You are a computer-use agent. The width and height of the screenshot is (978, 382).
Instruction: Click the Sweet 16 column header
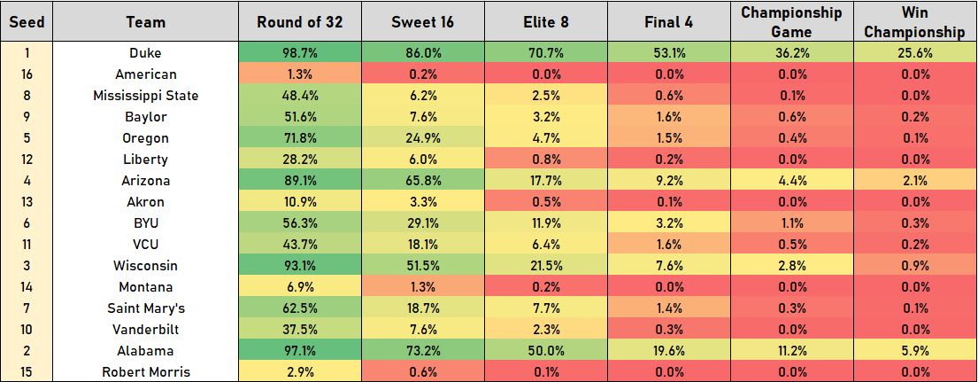[423, 22]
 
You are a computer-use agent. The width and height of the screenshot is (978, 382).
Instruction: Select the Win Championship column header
[914, 22]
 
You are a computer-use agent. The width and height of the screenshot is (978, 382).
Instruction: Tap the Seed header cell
[27, 22]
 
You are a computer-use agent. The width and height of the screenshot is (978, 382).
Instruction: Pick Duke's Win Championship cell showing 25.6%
[914, 53]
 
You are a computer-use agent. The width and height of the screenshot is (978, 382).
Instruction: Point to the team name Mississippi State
[146, 96]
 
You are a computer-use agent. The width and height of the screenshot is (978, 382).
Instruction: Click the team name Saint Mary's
[146, 308]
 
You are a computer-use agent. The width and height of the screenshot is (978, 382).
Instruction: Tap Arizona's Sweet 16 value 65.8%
[423, 181]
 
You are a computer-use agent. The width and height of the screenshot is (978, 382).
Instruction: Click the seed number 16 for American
[27, 74]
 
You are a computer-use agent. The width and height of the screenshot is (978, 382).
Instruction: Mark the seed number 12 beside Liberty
[27, 160]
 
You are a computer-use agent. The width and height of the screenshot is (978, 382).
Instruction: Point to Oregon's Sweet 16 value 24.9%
[423, 138]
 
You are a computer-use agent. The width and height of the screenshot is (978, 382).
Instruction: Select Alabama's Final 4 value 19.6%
[669, 351]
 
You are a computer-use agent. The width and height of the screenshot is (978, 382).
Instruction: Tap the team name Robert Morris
[146, 372]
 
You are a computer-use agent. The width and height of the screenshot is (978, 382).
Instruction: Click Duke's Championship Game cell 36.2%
[791, 53]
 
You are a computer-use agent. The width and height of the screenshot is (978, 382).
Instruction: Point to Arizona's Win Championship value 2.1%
[914, 181]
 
